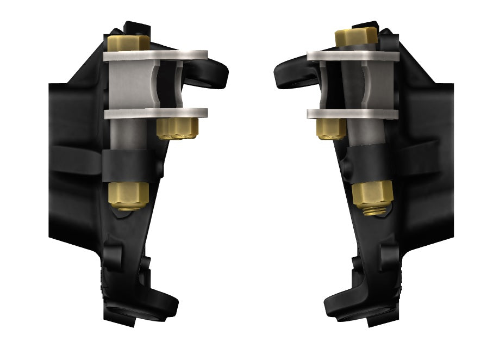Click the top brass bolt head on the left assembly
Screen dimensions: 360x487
[x=128, y=42]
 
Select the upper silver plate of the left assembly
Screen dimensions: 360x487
[x=155, y=55]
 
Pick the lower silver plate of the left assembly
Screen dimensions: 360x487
[x=155, y=114]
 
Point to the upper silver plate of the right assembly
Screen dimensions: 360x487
[x=353, y=55]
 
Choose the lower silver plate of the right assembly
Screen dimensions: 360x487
[x=353, y=114]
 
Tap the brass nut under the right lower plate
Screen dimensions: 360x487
[x=329, y=129]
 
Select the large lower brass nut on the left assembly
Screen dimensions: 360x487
[x=129, y=195]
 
